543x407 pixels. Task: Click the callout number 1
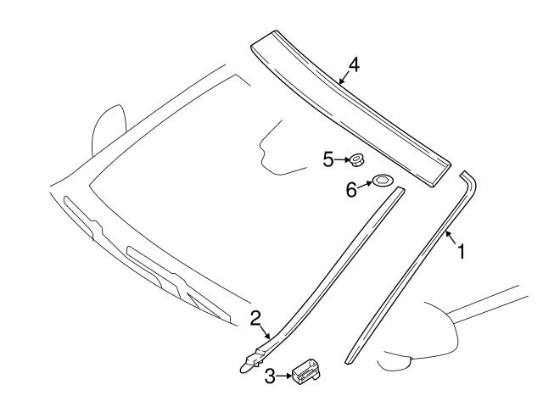click(461, 252)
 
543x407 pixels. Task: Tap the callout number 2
click(255, 319)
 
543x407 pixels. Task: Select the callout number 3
click(270, 376)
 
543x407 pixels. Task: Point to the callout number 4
click(354, 64)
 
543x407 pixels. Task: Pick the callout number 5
click(328, 159)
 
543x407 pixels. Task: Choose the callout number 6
click(351, 190)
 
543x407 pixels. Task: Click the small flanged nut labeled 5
click(355, 160)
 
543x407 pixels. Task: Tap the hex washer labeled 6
click(382, 180)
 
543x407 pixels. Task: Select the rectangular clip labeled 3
click(306, 371)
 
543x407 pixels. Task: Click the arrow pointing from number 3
click(284, 376)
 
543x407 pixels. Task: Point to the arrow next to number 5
click(342, 159)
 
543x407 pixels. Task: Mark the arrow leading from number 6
click(365, 185)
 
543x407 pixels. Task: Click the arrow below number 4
click(344, 78)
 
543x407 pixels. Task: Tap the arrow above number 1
click(451, 237)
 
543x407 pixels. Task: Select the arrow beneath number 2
click(265, 332)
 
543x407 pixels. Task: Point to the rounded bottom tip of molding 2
click(244, 368)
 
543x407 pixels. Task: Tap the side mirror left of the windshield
click(108, 130)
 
